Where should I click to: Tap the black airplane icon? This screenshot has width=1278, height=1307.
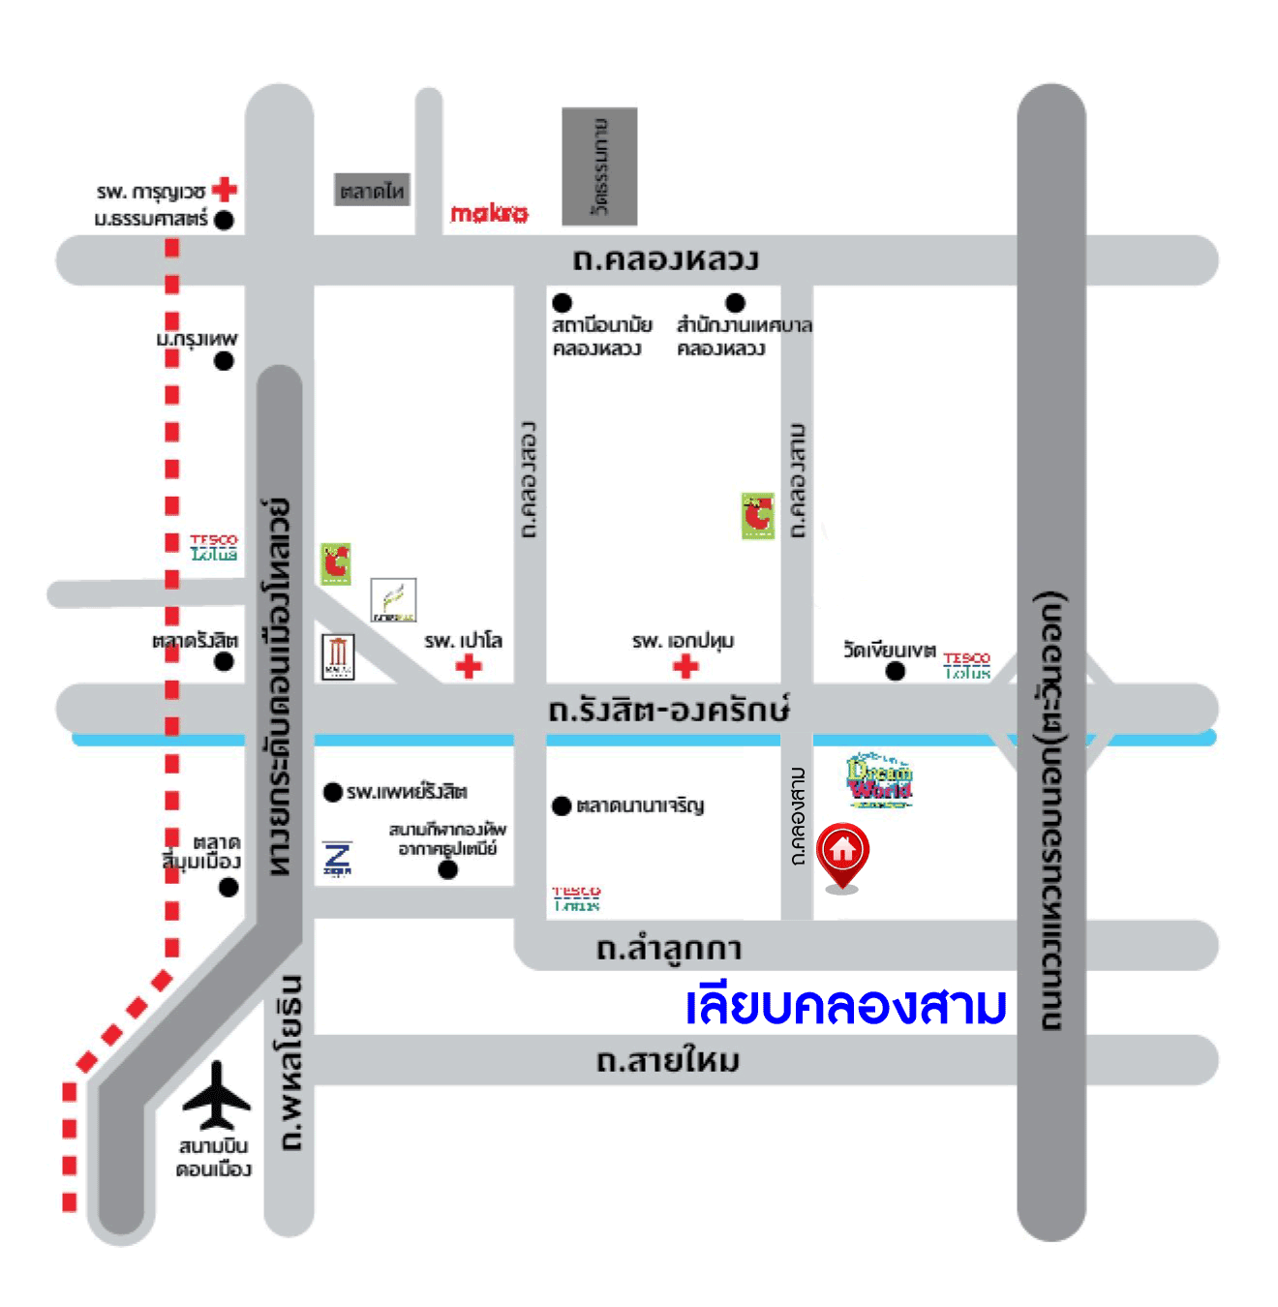coord(217,1096)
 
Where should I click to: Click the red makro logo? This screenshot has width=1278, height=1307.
coord(489,213)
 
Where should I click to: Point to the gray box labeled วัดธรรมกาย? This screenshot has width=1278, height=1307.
coord(599,167)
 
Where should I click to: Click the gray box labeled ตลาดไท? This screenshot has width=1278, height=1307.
coord(372,191)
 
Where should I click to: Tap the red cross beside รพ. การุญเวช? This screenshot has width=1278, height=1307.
coord(225,189)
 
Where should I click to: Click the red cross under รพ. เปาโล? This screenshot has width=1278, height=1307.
coord(469,666)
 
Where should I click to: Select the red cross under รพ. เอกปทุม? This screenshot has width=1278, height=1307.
coord(685,666)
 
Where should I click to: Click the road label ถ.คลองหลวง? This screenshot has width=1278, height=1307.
coord(666,259)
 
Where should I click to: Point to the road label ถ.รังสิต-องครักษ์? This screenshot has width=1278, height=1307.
coord(668,710)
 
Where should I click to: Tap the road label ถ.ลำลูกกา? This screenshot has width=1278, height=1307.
coord(669,948)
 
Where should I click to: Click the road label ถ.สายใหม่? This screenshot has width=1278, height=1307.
coord(668,1061)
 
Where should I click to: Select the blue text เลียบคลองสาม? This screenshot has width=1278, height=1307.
coord(845,1006)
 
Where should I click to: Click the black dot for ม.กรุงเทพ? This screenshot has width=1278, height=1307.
coord(224,361)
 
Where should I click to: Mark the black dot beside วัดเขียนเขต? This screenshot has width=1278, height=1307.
coord(896,671)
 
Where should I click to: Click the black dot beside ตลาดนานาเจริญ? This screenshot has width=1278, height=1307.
coord(562,805)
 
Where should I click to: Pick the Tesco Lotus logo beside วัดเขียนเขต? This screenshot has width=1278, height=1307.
coord(966,665)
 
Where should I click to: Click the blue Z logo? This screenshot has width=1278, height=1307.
coord(338,859)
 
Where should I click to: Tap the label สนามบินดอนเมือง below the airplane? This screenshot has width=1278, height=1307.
coord(213,1158)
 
